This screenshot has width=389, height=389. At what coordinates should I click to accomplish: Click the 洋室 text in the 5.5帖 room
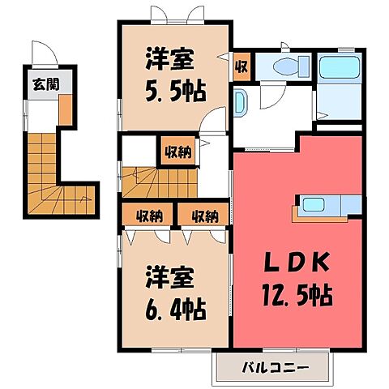pos(169,59)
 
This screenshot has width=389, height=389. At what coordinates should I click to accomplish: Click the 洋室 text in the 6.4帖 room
pos(169,278)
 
